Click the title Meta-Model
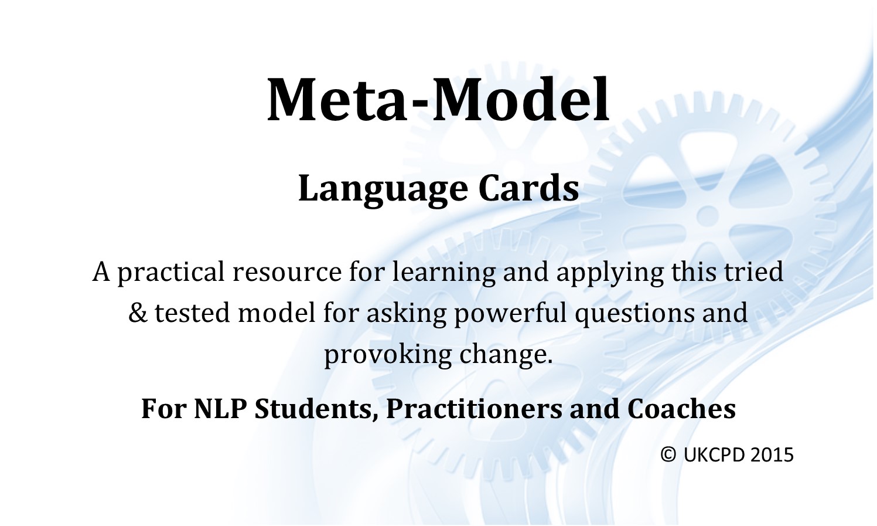438,100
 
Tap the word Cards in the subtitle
528,189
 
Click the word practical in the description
171,273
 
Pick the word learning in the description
443,273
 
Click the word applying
610,273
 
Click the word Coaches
682,409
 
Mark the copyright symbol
668,455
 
